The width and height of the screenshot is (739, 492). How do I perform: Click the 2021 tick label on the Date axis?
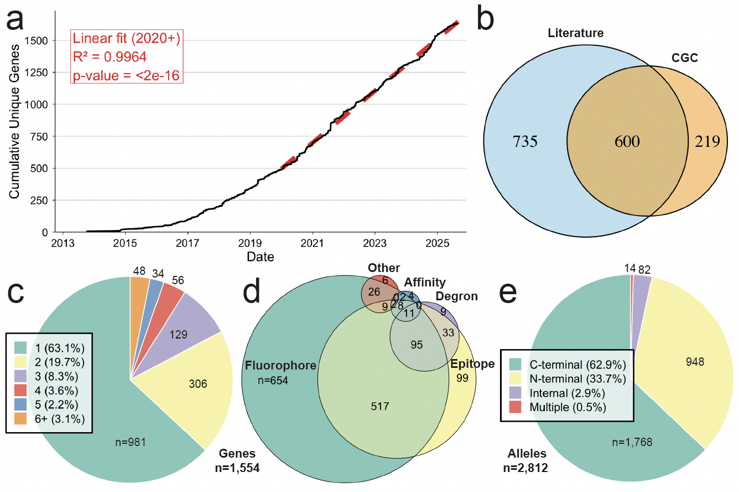(x=312, y=243)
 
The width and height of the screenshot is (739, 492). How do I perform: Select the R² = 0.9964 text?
(x=110, y=57)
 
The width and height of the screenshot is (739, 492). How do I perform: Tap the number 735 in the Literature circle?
(x=523, y=142)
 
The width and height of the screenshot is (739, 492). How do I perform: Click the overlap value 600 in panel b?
(x=627, y=142)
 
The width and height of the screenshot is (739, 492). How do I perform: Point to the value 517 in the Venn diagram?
(x=381, y=406)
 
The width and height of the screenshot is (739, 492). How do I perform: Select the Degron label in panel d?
(x=456, y=296)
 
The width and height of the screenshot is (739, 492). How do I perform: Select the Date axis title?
(x=261, y=257)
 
